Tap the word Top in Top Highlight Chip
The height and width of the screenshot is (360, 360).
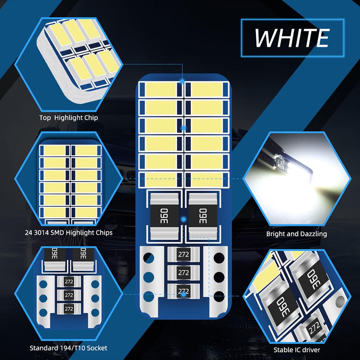[45, 117]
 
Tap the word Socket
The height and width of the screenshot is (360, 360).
[97, 348]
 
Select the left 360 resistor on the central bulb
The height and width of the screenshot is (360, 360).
[164, 214]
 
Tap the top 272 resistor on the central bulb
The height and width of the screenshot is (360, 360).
[184, 255]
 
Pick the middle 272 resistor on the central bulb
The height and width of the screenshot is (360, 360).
[184, 272]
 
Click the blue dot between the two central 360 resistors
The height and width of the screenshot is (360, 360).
[183, 219]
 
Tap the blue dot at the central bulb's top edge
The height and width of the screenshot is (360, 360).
[182, 82]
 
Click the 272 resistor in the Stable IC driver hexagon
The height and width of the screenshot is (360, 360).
[313, 329]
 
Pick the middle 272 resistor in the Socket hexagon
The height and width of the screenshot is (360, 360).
[69, 295]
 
